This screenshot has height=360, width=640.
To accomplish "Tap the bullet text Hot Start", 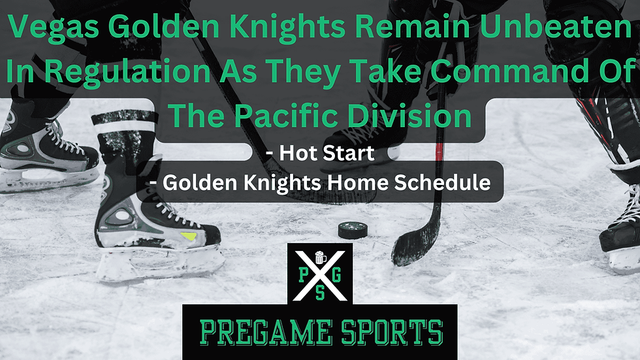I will point(320,154).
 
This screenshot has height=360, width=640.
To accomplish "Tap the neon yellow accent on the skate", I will point(187,235).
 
